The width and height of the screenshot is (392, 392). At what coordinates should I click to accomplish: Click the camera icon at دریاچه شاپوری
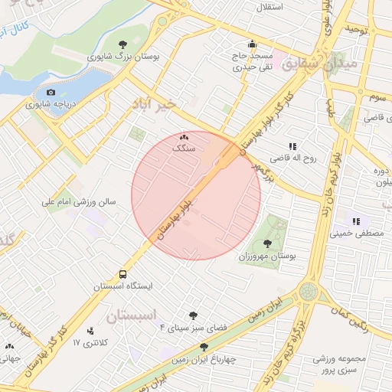[x=51, y=92]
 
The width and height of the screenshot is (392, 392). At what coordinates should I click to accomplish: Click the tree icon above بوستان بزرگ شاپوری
[x=123, y=44]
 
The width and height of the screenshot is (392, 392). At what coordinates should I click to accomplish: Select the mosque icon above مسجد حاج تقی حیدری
[x=252, y=44]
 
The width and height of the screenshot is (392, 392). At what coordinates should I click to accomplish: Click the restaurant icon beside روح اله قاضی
[x=292, y=145]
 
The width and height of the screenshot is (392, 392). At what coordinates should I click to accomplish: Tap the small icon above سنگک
[x=183, y=136]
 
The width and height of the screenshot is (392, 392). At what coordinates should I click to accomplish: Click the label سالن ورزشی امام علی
[x=80, y=203]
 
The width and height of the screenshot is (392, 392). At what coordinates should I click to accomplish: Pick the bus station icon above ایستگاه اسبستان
[x=122, y=274]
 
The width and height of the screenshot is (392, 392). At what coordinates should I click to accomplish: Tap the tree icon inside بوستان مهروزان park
[x=267, y=243]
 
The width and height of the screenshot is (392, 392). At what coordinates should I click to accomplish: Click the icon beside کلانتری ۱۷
[x=91, y=332]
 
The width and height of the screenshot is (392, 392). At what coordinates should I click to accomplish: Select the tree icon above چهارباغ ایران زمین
[x=204, y=347]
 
